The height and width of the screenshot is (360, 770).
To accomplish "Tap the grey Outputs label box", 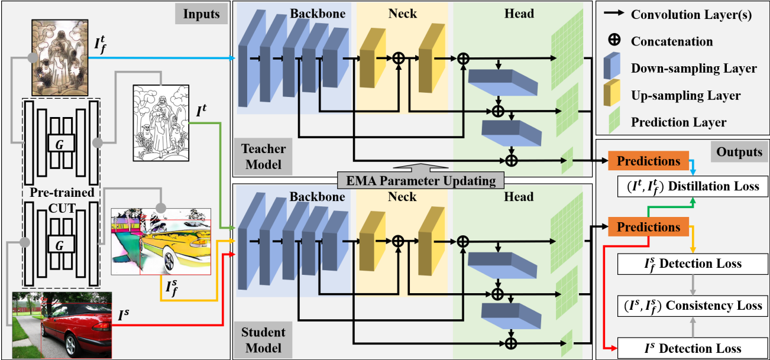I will pyautogui.click(x=739, y=153).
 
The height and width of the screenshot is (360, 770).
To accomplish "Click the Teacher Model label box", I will pyautogui.click(x=263, y=155).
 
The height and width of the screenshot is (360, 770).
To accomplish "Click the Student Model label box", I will pyautogui.click(x=263, y=339).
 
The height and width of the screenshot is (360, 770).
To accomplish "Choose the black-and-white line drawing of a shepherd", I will pyautogui.click(x=157, y=122).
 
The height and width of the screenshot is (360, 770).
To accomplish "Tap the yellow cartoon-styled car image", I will pyautogui.click(x=161, y=241).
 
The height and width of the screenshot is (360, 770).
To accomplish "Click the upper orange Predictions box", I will pyautogui.click(x=648, y=161).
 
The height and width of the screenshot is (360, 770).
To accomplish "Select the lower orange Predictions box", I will pyautogui.click(x=648, y=227).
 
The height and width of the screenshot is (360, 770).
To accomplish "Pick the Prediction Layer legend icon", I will pyautogui.click(x=612, y=121).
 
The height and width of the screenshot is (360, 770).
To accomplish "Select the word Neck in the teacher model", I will pyautogui.click(x=402, y=13).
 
